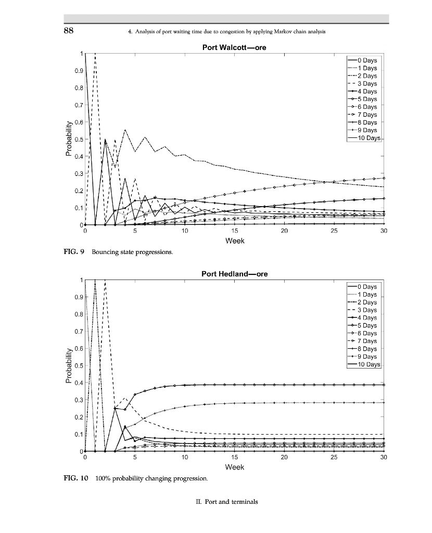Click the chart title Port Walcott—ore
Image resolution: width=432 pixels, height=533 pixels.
click(234, 47)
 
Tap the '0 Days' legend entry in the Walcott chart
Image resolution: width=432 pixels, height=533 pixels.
click(366, 60)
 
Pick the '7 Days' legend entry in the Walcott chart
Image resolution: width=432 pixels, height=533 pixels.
click(366, 115)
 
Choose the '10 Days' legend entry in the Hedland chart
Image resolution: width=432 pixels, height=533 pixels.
click(367, 364)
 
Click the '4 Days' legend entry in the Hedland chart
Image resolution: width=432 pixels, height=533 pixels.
click(366, 318)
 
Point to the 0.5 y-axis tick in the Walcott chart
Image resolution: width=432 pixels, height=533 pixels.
click(78, 139)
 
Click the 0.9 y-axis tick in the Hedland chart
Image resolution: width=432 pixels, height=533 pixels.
click(78, 297)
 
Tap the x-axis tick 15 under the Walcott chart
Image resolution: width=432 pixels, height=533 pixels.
click(234, 231)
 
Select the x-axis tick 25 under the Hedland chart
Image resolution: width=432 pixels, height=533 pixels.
click(334, 458)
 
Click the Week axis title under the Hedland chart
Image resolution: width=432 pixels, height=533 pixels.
click(234, 467)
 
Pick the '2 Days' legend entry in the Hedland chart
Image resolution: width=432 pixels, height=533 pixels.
click(366, 302)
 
